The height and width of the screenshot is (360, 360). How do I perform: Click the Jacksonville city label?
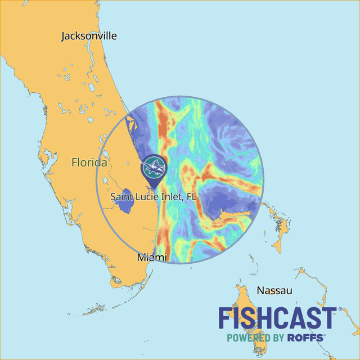(89, 36)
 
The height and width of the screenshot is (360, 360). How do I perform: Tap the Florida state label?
(89, 163)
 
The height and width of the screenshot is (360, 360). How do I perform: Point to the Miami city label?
(152, 257)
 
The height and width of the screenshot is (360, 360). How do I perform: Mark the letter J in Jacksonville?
(64, 37)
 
